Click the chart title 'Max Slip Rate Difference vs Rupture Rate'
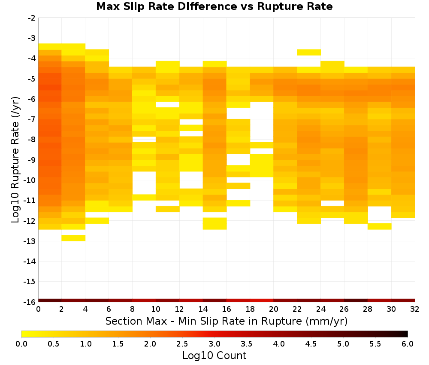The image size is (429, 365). click(214, 6)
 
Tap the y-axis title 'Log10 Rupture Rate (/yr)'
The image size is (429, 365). click(15, 160)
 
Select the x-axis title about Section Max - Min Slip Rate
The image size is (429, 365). click(226, 321)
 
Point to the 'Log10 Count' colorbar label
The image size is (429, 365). click(214, 356)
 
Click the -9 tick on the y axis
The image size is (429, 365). click(31, 160)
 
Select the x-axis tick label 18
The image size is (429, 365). click(250, 310)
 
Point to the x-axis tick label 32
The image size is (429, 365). click(415, 310)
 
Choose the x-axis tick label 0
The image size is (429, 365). click(38, 310)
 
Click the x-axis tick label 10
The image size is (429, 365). click(156, 310)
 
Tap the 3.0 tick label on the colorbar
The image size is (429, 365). click(214, 344)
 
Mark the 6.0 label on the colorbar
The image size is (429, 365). click(408, 344)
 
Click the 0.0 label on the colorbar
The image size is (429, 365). click(21, 344)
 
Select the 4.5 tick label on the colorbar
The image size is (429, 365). click(311, 344)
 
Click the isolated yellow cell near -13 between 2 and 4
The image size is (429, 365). click(73, 238)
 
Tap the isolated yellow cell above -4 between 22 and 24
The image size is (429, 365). click(309, 52)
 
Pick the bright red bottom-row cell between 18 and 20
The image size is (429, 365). click(262, 301)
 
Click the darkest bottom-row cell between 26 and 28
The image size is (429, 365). click(356, 301)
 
